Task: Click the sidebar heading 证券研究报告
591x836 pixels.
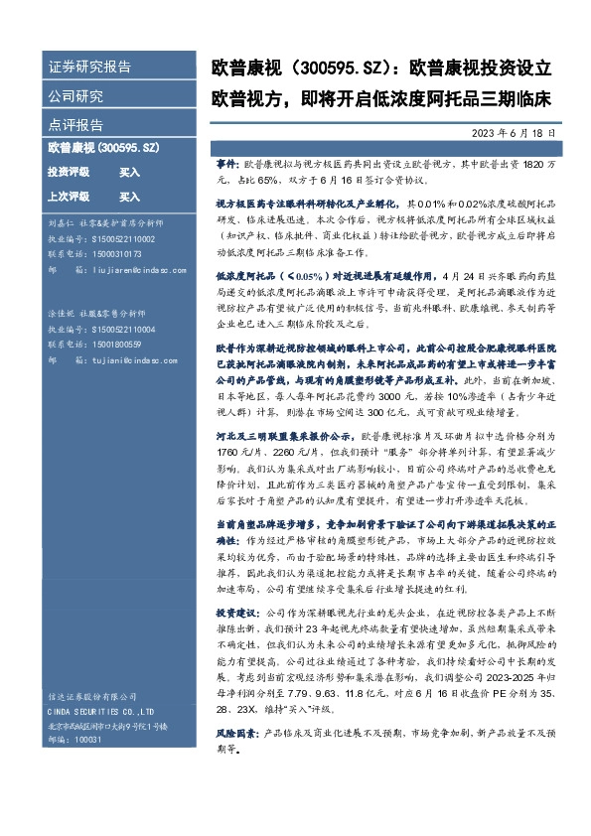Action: [x=89, y=67]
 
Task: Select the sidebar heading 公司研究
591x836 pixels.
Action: [x=75, y=96]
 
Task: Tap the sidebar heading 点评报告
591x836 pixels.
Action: [x=75, y=125]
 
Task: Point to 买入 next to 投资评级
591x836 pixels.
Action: [x=129, y=172]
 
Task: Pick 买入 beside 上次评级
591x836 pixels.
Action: [x=129, y=197]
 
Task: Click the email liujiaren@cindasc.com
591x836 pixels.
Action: [x=123, y=268]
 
